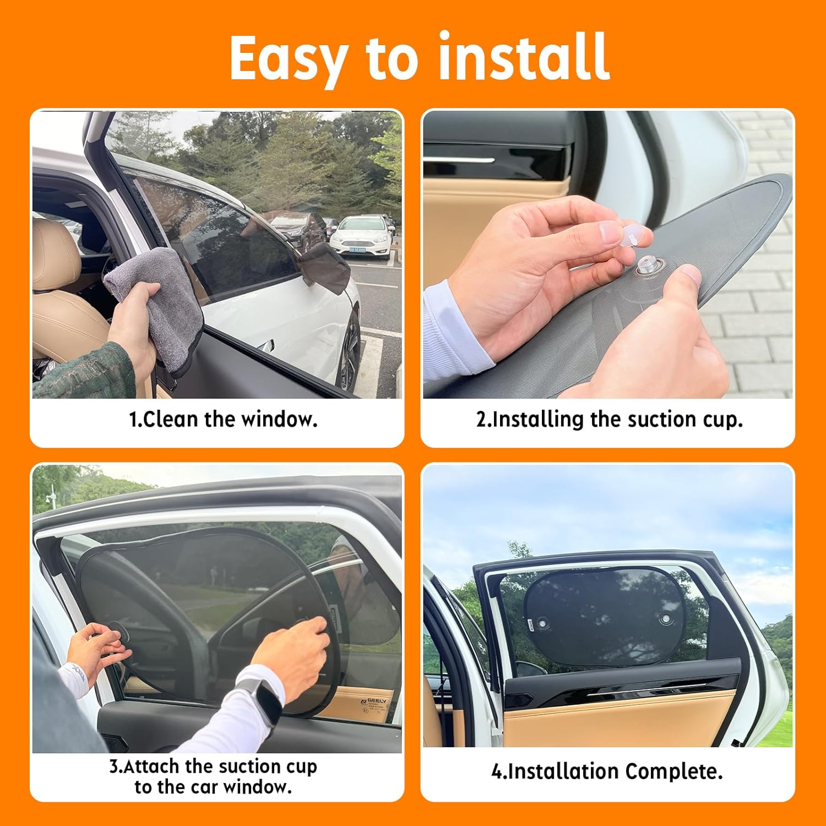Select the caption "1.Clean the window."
(223, 420)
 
